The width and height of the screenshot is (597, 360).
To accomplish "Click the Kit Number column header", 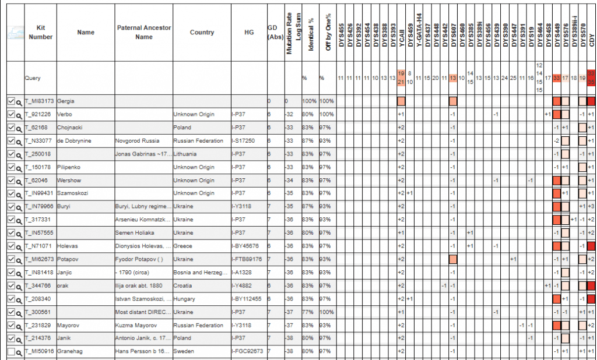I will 40,32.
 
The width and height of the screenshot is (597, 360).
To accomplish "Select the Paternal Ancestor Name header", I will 143,32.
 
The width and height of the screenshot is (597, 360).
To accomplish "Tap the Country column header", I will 202,32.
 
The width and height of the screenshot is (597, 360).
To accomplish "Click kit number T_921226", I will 39,114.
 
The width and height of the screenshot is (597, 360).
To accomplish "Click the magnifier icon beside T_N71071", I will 19,246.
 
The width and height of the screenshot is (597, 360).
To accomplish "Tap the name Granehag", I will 70,351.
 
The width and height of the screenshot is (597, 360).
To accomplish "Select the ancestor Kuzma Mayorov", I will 136,325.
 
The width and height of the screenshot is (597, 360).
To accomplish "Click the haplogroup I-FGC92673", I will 247,351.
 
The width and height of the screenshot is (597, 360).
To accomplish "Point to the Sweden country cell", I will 184,351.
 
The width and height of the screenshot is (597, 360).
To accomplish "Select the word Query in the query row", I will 33,77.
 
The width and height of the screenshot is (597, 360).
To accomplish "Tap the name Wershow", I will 69,180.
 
